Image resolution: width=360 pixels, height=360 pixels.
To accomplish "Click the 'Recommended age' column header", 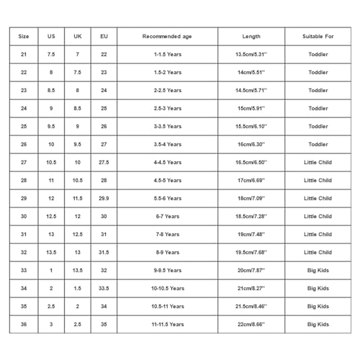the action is tap(167, 36).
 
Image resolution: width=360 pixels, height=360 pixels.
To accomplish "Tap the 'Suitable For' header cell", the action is tap(318, 36).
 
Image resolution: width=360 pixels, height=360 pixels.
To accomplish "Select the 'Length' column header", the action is tap(251, 36).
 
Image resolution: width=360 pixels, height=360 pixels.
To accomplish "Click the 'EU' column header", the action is tap(104, 36).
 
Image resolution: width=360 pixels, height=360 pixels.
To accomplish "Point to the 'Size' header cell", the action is tap(24, 36).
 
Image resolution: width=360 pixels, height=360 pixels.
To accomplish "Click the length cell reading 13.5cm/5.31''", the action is tap(251, 54).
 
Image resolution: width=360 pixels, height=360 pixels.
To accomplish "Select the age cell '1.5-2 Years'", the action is tap(167, 72).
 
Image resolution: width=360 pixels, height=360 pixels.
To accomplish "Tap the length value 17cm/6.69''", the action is tap(251, 180).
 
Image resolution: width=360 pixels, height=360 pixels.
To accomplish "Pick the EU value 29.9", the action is tap(104, 198).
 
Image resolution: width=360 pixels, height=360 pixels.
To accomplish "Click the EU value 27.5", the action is tap(104, 162).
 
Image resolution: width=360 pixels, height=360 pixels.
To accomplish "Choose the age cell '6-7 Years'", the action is tap(167, 216).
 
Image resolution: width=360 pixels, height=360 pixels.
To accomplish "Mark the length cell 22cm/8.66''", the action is tap(251, 324).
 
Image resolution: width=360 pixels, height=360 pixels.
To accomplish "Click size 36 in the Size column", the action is tap(24, 324).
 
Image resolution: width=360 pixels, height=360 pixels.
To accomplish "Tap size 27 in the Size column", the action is tap(24, 162).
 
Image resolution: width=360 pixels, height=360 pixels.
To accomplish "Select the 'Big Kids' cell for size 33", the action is tap(318, 270).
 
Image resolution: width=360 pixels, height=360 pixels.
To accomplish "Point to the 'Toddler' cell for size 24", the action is tap(318, 108).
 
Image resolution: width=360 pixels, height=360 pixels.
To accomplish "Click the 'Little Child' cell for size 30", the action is tap(318, 216).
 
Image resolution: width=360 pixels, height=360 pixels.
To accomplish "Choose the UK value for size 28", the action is tap(78, 180).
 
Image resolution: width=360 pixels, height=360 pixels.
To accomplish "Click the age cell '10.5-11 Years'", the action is tap(167, 306).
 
